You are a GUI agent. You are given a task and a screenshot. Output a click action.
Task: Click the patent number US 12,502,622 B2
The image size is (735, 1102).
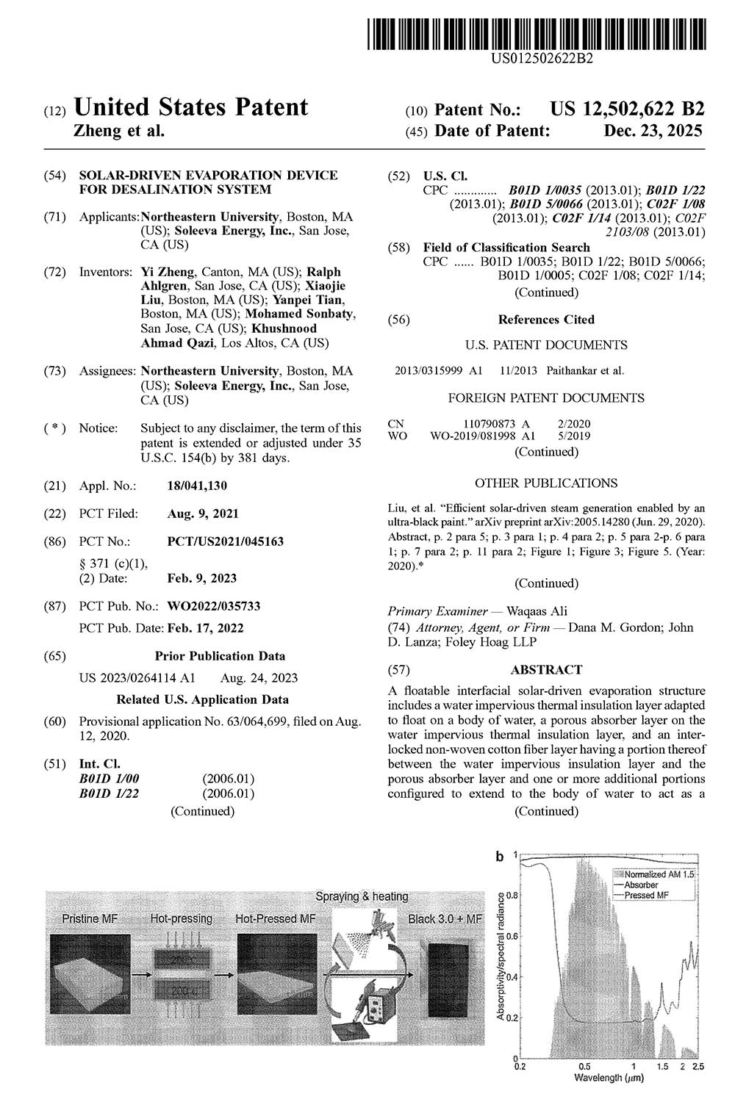(627, 109)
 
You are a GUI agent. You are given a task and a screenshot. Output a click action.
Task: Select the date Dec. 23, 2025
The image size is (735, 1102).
(653, 132)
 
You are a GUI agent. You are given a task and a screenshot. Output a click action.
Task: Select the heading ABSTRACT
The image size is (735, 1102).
(546, 670)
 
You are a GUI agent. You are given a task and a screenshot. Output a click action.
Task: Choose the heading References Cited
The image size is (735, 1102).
(546, 320)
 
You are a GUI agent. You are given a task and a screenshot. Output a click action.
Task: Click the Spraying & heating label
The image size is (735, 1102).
(362, 896)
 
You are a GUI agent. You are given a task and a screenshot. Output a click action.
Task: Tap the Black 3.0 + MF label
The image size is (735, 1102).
(445, 919)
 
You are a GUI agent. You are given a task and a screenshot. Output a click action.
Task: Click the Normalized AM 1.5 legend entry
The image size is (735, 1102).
(659, 875)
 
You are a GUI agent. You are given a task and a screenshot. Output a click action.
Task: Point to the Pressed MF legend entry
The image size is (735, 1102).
(651, 895)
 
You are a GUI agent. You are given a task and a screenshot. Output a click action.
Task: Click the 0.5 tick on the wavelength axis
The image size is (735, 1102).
(584, 1065)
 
